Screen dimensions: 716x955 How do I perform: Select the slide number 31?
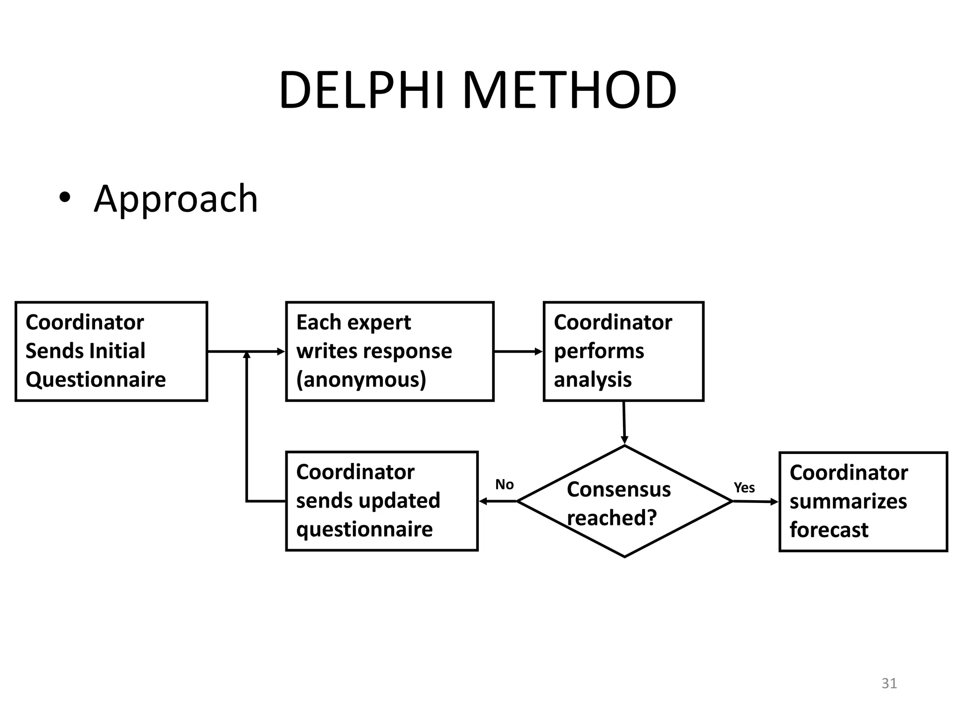coord(889,683)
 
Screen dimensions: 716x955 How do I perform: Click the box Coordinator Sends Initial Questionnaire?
coord(111,351)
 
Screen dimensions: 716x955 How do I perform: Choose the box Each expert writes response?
coord(389,351)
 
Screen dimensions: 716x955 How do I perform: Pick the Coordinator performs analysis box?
coord(623,351)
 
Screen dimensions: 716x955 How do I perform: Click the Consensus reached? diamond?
coord(624,502)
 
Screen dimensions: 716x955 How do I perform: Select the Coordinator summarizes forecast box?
coord(863,502)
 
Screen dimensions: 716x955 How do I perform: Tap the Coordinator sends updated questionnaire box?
coord(381,501)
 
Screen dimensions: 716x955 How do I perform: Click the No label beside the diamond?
coord(504,485)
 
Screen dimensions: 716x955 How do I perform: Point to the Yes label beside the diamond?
coord(744,488)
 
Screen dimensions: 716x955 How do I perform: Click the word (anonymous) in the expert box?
coord(361,380)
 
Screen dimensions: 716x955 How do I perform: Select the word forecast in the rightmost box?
coord(829,530)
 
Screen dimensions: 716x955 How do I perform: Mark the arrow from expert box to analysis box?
coord(518,351)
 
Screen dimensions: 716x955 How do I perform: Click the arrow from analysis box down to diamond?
coord(624,422)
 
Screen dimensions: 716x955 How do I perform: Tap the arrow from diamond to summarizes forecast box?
coord(755,502)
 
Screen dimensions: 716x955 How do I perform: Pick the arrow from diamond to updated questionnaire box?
coord(498,501)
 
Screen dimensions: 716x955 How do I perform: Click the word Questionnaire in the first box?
coord(96,379)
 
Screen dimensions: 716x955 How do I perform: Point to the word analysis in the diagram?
coord(592,379)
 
